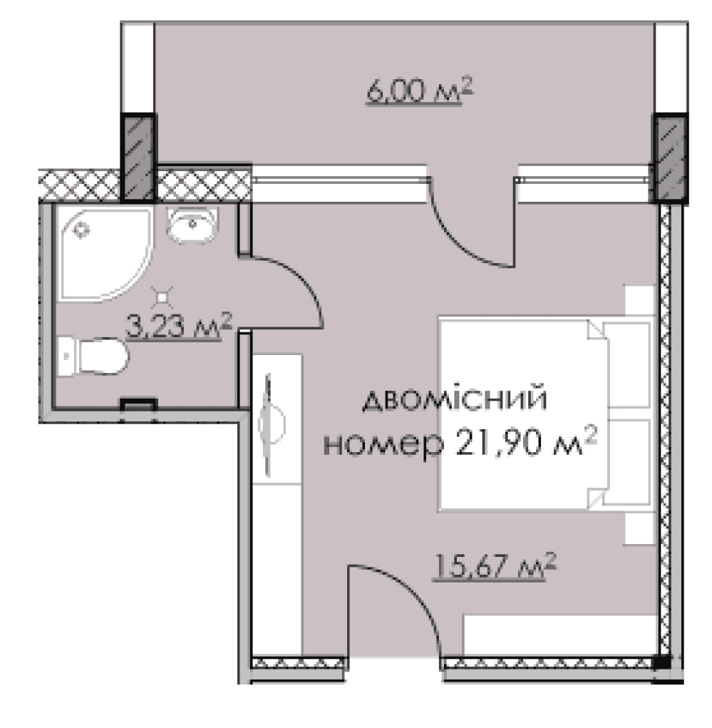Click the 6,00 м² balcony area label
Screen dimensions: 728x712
pyautogui.click(x=419, y=91)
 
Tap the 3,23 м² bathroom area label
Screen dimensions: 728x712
pyautogui.click(x=180, y=328)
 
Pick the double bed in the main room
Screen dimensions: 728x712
pyautogui.click(x=524, y=414)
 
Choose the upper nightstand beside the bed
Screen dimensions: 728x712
pyautogui.click(x=639, y=303)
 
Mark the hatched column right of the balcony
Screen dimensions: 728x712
pyautogui.click(x=671, y=157)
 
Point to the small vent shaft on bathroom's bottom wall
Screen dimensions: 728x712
pyautogui.click(x=138, y=404)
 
